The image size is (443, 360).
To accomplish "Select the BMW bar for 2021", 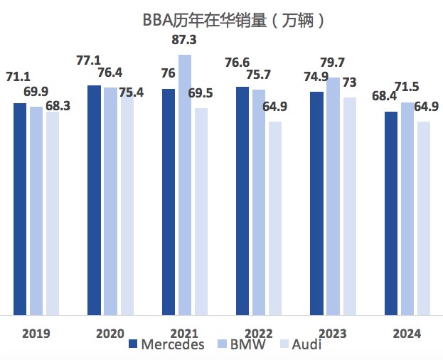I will pyautogui.click(x=185, y=184).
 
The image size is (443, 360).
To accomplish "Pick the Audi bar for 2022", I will pyautogui.click(x=275, y=218).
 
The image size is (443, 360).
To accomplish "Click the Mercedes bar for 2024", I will pyautogui.click(x=391, y=213).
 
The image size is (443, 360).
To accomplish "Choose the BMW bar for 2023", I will pyautogui.click(x=333, y=196).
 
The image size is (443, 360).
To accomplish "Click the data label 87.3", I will pyautogui.click(x=185, y=41).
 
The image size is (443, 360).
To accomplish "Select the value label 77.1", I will pyautogui.click(x=90, y=62).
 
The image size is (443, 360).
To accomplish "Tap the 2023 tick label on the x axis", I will pyautogui.click(x=333, y=334).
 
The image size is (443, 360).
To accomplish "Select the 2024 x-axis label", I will pyautogui.click(x=407, y=334).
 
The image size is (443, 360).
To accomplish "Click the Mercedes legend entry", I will pyautogui.click(x=167, y=345).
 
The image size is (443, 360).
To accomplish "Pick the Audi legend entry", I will pyautogui.click(x=299, y=345).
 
